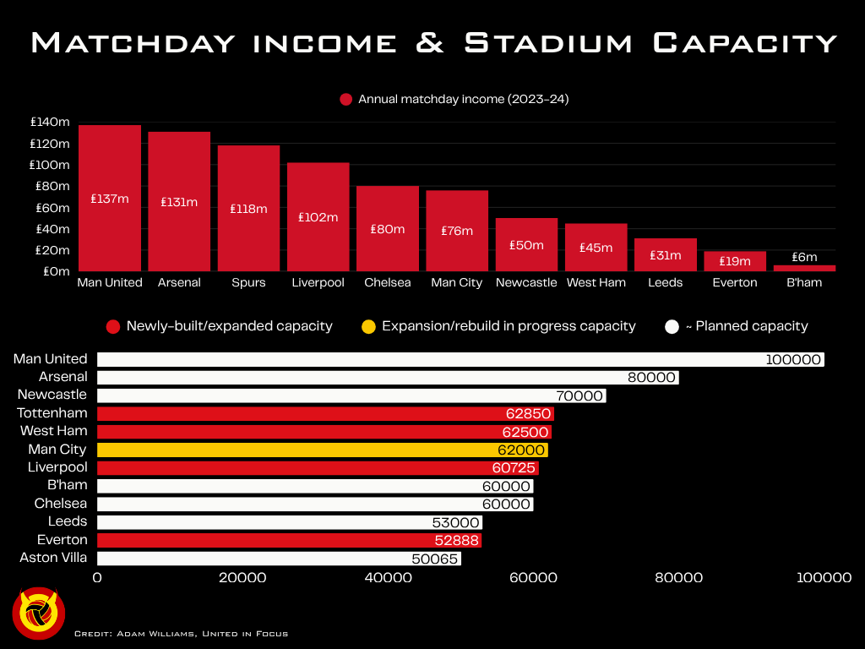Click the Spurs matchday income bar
[248, 208]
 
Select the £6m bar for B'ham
[804, 268]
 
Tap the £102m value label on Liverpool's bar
[318, 217]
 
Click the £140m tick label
[50, 122]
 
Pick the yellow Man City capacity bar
[322, 450]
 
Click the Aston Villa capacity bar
[280, 558]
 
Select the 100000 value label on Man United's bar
[793, 359]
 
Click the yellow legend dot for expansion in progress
[367, 326]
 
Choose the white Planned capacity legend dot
[672, 326]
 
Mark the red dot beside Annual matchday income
[345, 100]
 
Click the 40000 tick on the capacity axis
[388, 578]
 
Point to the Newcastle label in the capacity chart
[52, 395]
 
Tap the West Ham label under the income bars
[596, 282]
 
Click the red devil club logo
[39, 612]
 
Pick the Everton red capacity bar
[289, 540]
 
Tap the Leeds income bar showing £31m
[665, 254]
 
